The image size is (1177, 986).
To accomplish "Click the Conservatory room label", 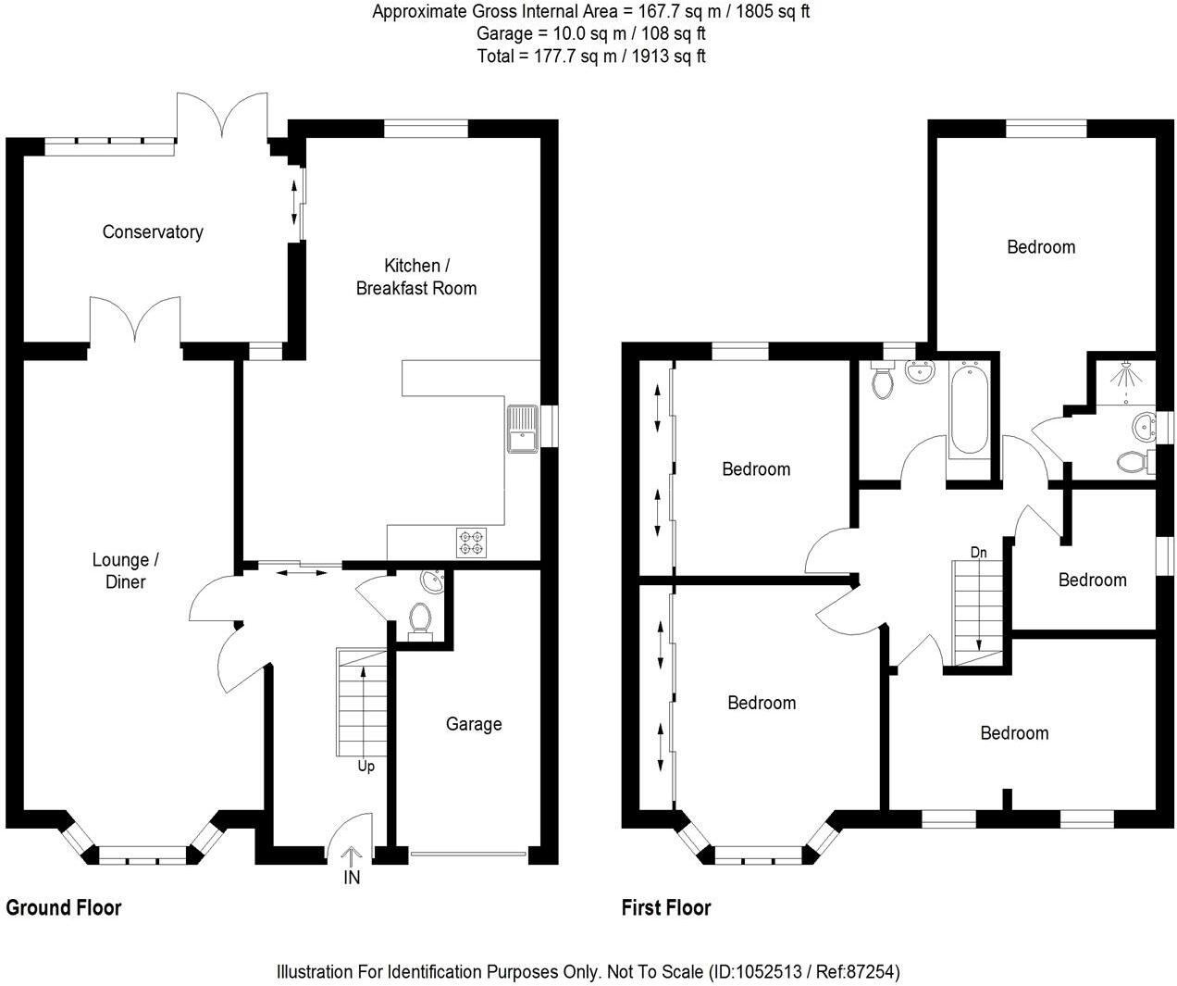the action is click(x=153, y=231).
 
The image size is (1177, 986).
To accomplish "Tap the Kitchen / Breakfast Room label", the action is click(x=416, y=277).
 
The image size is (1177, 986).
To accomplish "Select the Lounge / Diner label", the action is click(x=125, y=570).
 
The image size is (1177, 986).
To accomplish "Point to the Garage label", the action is click(x=474, y=724).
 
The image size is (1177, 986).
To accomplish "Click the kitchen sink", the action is click(x=521, y=430).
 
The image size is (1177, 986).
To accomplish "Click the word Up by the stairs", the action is click(x=366, y=767).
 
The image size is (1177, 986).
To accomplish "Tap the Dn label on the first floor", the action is click(x=978, y=553).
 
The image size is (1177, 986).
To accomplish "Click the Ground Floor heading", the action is click(x=64, y=907).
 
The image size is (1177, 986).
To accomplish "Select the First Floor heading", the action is click(x=666, y=907).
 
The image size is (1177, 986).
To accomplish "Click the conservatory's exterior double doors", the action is click(x=223, y=116).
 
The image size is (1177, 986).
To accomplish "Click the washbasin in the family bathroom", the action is click(x=920, y=373).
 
